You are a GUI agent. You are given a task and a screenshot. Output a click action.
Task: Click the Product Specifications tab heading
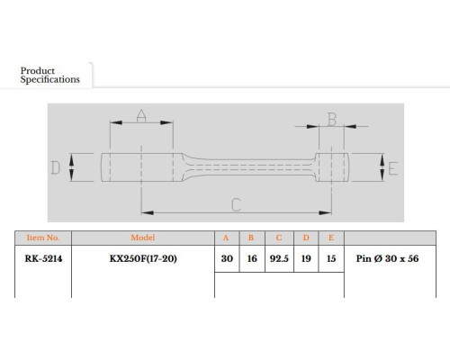50,75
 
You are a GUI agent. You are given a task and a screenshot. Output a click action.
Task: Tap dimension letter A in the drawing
141,115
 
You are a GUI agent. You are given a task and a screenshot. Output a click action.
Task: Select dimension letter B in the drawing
332,120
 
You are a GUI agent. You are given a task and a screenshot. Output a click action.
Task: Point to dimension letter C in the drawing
237,204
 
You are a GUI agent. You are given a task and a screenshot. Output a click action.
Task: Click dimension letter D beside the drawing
56,167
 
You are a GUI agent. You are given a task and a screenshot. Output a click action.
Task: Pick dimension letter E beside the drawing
393,168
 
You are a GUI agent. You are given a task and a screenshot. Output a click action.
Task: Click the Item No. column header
43,238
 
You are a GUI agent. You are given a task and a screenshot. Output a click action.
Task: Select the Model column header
143,238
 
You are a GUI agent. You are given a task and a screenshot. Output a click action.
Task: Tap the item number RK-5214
43,258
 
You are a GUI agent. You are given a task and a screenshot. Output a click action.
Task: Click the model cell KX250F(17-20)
143,258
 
